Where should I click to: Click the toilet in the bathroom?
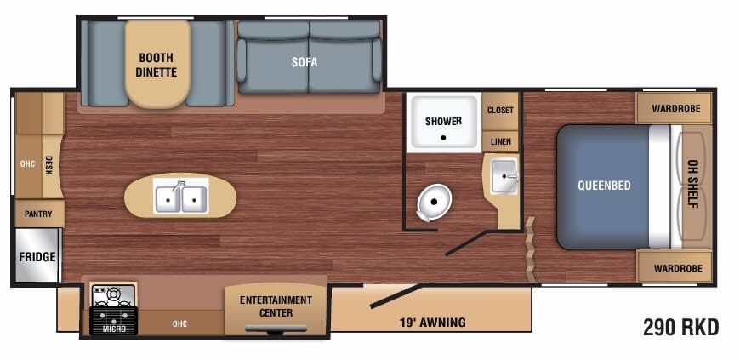[x=434, y=203]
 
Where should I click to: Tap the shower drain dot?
[x=443, y=138]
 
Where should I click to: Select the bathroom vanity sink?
[x=504, y=176]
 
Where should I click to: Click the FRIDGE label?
[x=37, y=257]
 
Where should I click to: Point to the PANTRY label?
[x=38, y=214]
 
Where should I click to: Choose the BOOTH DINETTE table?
[x=157, y=65]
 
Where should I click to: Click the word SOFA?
[x=305, y=62]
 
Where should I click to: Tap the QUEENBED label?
[x=604, y=186]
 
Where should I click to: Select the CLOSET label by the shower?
[x=500, y=111]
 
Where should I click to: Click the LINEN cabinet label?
[x=500, y=142]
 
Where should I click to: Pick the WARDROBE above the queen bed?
[x=676, y=109]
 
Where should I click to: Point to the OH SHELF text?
[x=694, y=185]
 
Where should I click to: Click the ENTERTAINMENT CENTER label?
[x=276, y=306]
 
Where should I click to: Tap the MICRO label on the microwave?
[x=114, y=329]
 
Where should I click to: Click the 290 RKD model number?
[x=681, y=327]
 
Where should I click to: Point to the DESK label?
[x=48, y=165]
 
